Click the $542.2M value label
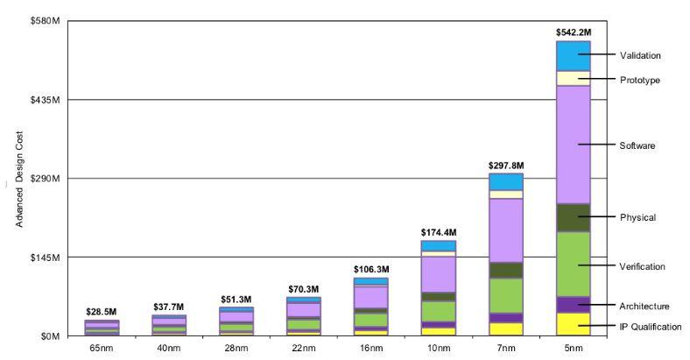click(x=573, y=32)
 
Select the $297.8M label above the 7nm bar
click(x=505, y=165)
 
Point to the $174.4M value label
click(x=438, y=232)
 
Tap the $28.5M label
click(x=102, y=312)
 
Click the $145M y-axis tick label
click(x=45, y=258)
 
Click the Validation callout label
click(x=640, y=55)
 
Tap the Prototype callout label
click(x=640, y=81)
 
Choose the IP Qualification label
click(x=650, y=327)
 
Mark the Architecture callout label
click(x=644, y=307)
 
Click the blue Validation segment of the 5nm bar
click(x=573, y=56)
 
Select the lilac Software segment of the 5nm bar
click(x=573, y=145)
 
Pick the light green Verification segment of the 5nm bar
click(x=573, y=264)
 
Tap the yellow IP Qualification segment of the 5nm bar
click(x=573, y=324)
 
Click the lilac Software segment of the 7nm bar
click(x=505, y=230)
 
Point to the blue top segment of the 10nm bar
click(x=438, y=246)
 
